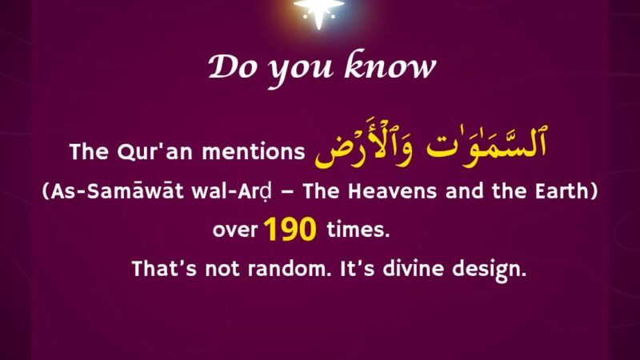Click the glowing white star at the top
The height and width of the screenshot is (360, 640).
coord(318,11)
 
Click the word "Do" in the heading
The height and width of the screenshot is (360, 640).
coord(232,67)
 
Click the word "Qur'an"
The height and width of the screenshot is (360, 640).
coord(154,152)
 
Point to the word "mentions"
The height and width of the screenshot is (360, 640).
coord(254,152)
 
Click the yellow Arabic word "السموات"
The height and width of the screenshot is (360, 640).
coord(486,143)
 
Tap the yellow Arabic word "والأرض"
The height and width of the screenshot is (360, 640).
coord(364,144)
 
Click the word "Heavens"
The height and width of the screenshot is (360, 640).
coord(392,191)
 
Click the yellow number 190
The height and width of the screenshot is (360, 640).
coord(290,229)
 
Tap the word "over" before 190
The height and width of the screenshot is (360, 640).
coord(235,230)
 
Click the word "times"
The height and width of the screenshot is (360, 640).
coord(358,229)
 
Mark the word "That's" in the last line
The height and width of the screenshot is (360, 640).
coord(164,269)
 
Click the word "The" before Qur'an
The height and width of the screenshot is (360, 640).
coord(89,152)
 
